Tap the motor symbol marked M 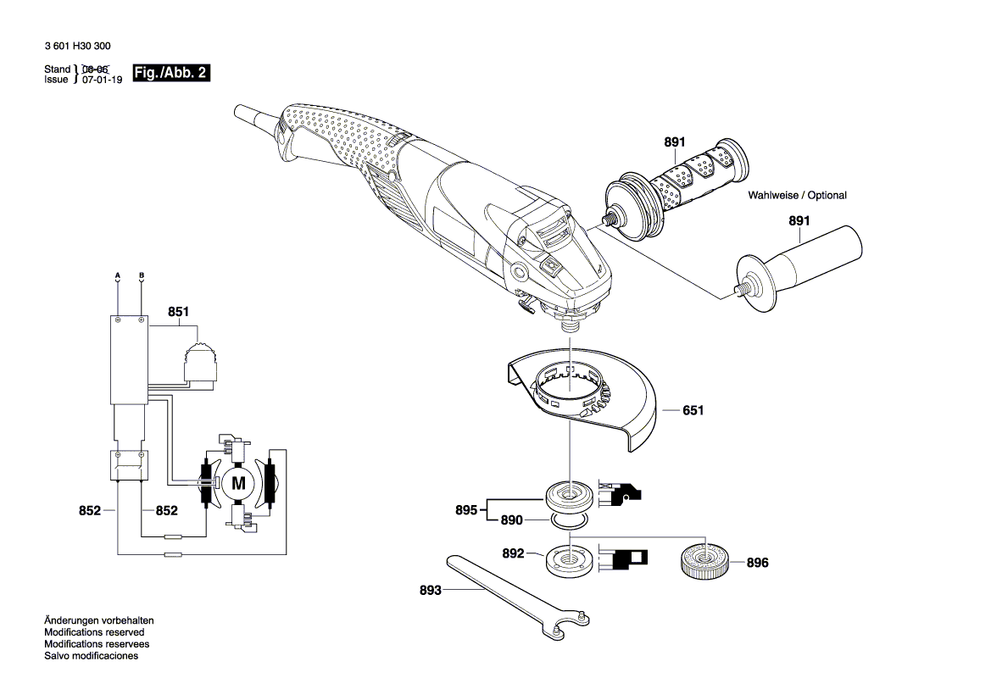pos(238,484)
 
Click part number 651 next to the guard pos(693,410)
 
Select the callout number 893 pos(430,591)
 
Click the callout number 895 pos(466,509)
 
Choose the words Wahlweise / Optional pos(797,196)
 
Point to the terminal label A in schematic pos(118,276)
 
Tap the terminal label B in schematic pos(142,276)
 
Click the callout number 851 pos(178,312)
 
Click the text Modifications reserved pos(94,632)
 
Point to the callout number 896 pos(758,562)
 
